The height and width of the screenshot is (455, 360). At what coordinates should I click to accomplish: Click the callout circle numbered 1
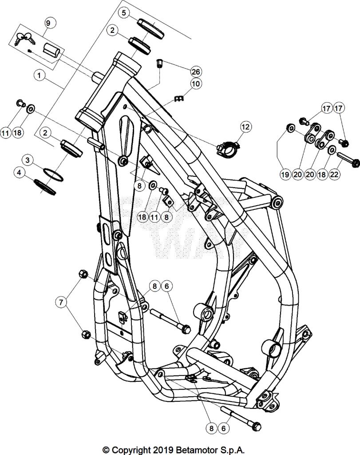pos(40,76)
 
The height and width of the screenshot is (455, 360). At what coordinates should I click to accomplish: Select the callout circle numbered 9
pos(48,23)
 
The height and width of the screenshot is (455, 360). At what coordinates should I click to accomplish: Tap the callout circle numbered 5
pos(124,12)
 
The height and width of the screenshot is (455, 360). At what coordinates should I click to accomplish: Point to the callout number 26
pos(196,72)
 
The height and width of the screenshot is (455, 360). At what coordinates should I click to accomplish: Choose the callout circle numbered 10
pos(196,83)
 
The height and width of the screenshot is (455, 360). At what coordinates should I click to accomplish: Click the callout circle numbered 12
pos(245,127)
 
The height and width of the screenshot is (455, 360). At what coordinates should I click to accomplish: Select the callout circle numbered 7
pos(62,303)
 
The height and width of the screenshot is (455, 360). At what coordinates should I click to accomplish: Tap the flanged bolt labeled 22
pos(349,160)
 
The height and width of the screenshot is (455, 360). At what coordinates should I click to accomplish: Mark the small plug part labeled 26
pos(160,64)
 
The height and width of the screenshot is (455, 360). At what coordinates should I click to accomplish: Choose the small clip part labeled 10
pos(179,98)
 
